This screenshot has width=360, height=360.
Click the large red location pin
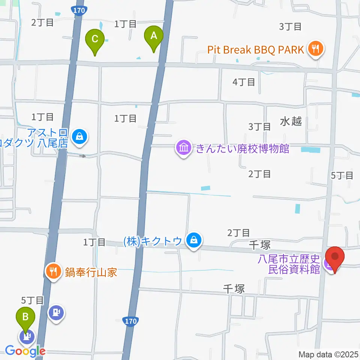point(334,258)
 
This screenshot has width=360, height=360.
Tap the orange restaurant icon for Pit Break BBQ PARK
point(315,49)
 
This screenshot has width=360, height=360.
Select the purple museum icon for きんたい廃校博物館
point(183,148)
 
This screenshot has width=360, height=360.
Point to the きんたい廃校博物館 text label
point(242,148)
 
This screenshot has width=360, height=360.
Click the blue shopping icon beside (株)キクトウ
point(194,241)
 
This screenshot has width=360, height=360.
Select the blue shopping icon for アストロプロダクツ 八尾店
point(80,137)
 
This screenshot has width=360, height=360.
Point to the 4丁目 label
point(244,82)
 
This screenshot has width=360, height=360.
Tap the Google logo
point(25,351)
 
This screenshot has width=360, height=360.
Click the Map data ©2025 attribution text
point(328,354)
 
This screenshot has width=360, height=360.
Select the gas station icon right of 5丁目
point(57,312)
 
